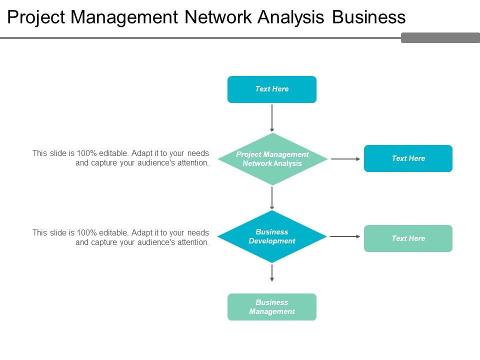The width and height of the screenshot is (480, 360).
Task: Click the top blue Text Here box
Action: [x=271, y=89]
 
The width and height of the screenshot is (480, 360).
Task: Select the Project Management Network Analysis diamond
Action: [x=272, y=158]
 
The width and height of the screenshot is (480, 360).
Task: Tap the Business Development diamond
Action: [x=272, y=236]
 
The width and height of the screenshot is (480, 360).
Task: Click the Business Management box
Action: [x=271, y=306]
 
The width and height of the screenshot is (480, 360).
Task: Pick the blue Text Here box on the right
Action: [x=408, y=158]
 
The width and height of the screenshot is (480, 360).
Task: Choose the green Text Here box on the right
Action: [x=408, y=238]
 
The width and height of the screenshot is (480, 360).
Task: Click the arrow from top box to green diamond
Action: [x=272, y=118]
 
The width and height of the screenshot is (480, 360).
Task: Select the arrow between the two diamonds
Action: [x=272, y=197]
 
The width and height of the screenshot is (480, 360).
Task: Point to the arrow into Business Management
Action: [x=272, y=272]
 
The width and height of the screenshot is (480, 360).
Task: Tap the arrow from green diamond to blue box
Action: [x=345, y=159]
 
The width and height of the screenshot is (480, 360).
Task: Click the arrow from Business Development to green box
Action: [x=345, y=236]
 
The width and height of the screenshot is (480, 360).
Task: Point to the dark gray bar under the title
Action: [x=440, y=37]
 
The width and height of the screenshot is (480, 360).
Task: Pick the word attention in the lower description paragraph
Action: [x=192, y=242]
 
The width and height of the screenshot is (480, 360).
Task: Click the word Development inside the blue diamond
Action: [x=272, y=241]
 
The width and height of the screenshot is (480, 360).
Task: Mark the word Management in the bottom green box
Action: [x=272, y=311]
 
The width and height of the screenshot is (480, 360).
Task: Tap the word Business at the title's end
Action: [x=368, y=18]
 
